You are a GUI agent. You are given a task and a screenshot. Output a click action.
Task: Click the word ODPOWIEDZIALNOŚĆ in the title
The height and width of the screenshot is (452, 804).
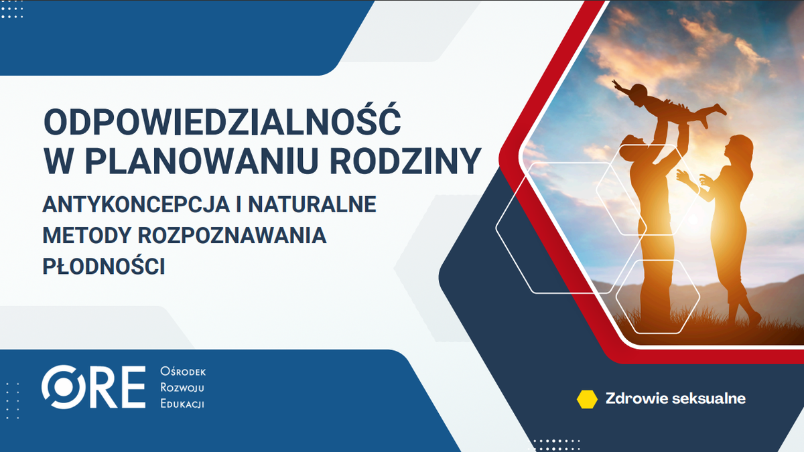[x=222, y=122]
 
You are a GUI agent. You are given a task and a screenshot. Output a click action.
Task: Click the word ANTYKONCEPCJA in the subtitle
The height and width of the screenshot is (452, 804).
[x=130, y=204]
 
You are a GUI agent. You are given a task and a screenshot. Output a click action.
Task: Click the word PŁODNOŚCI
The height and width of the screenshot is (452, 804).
[x=104, y=266]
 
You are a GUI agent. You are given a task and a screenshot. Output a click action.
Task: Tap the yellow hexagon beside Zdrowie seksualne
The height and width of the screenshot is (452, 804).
[x=587, y=399]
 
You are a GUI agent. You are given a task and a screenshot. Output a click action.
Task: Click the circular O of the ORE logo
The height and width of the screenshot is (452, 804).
[x=62, y=388]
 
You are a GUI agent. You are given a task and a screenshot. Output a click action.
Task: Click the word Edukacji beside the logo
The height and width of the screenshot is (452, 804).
[x=183, y=404]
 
